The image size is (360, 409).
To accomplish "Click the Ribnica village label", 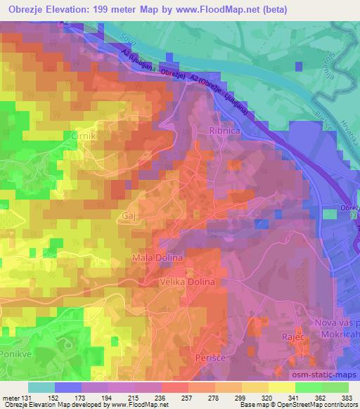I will [x=224, y=131].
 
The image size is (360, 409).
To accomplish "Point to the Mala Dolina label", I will [x=157, y=259].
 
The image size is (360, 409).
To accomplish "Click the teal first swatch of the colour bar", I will [x=41, y=387].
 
